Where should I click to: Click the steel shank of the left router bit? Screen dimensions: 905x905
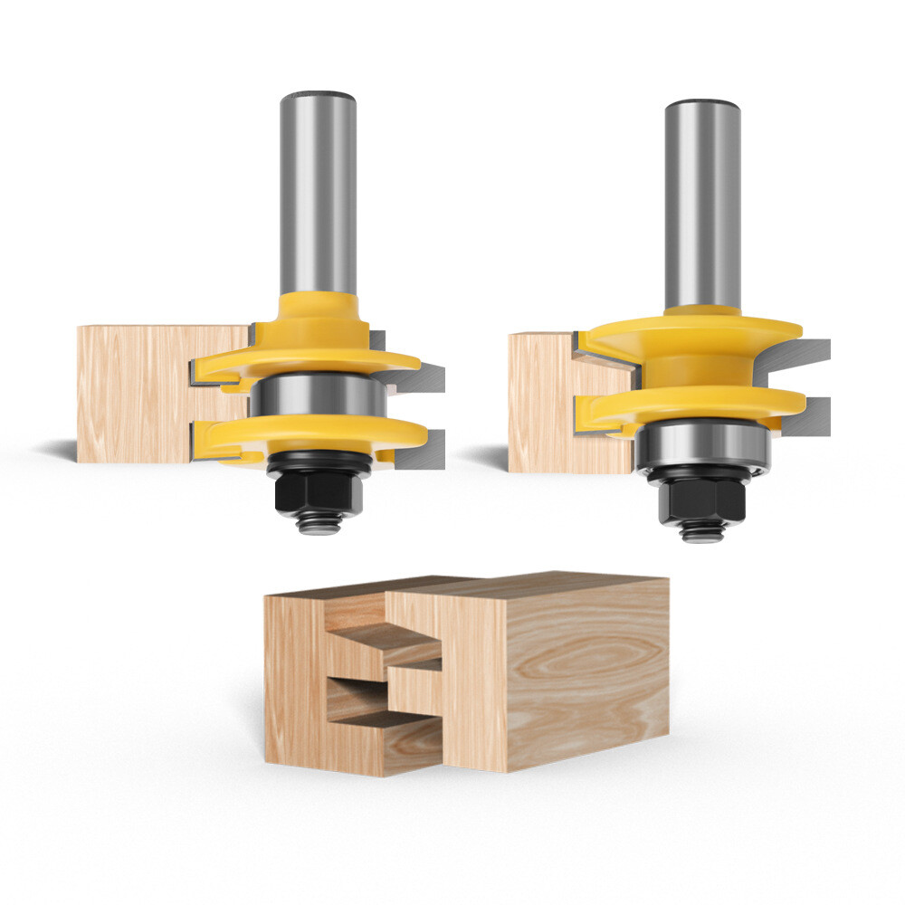coord(317,190)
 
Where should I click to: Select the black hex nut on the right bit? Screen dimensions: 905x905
coord(703,500)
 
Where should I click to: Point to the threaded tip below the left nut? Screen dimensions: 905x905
coord(318,523)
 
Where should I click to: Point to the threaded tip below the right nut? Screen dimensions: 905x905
coord(703,532)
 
